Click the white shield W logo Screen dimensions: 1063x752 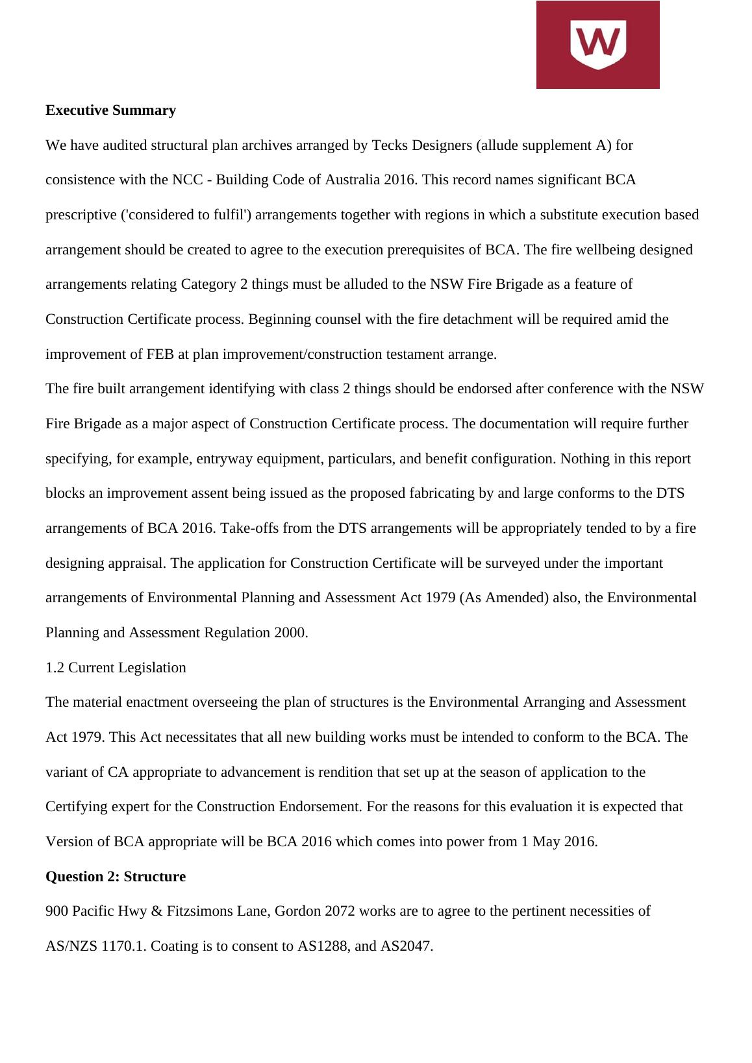point(597,44)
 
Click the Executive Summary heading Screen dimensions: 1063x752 point(110,110)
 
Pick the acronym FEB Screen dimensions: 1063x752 point(138,354)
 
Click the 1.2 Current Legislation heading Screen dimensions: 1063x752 point(116,668)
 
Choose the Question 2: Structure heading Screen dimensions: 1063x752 point(116,877)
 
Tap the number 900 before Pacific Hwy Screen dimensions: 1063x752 point(56,911)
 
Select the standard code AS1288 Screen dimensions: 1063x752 point(324,946)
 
